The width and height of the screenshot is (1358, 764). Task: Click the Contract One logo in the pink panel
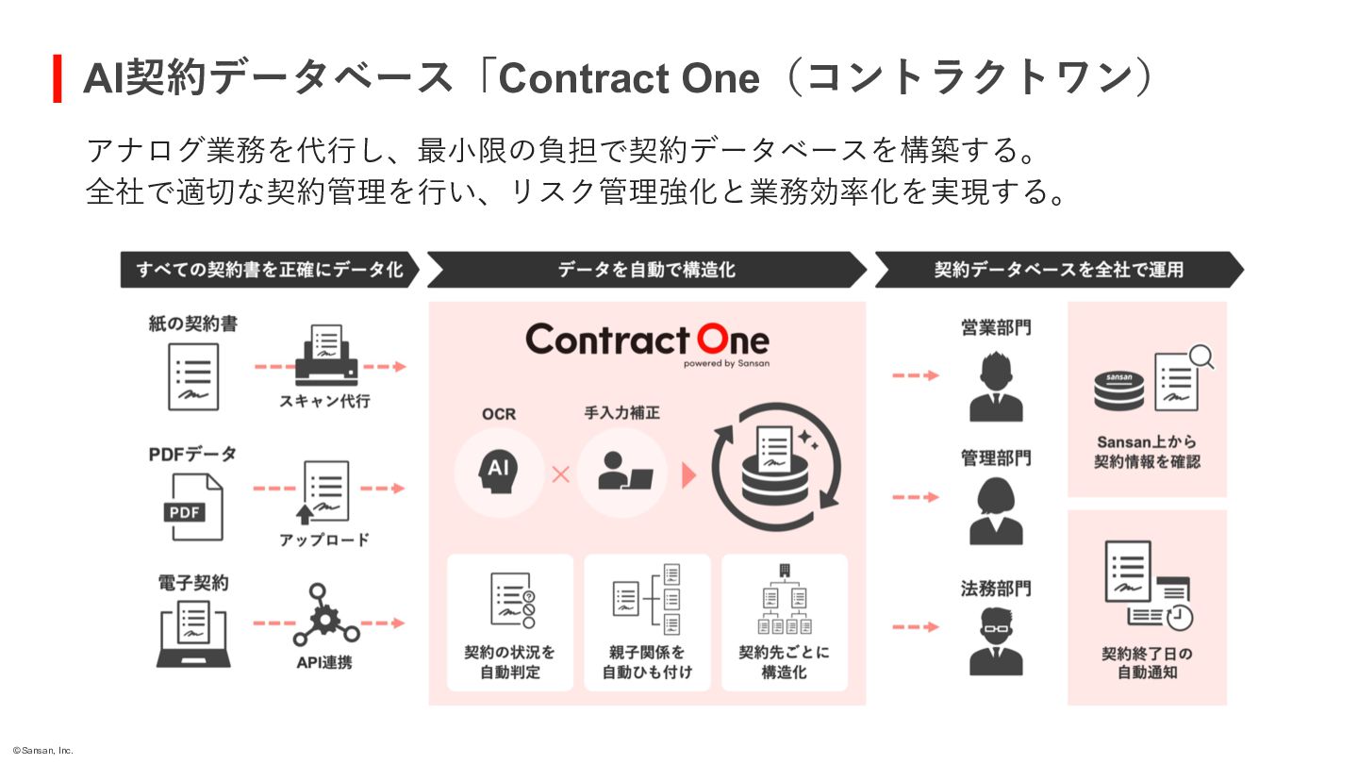pos(647,341)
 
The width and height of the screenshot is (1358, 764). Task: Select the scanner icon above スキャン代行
pos(327,357)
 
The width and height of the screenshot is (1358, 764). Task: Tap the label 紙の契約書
pos(192,324)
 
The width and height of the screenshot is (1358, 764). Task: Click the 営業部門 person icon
pos(995,387)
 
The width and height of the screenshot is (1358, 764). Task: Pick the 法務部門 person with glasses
pos(995,641)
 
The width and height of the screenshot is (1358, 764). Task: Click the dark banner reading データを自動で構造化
pos(646,270)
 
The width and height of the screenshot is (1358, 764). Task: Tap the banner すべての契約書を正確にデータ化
pos(269,270)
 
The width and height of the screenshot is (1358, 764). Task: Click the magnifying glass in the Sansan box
pos(1201,357)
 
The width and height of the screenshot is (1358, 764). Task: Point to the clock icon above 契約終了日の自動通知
pos(1179,617)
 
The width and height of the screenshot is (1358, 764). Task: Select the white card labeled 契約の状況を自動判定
pos(510,622)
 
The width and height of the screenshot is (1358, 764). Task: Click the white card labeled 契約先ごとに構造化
pos(785,622)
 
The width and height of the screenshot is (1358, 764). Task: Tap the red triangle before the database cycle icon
pos(688,475)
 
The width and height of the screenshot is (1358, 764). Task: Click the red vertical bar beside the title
pos(58,78)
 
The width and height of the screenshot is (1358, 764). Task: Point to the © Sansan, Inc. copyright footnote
pos(42,751)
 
